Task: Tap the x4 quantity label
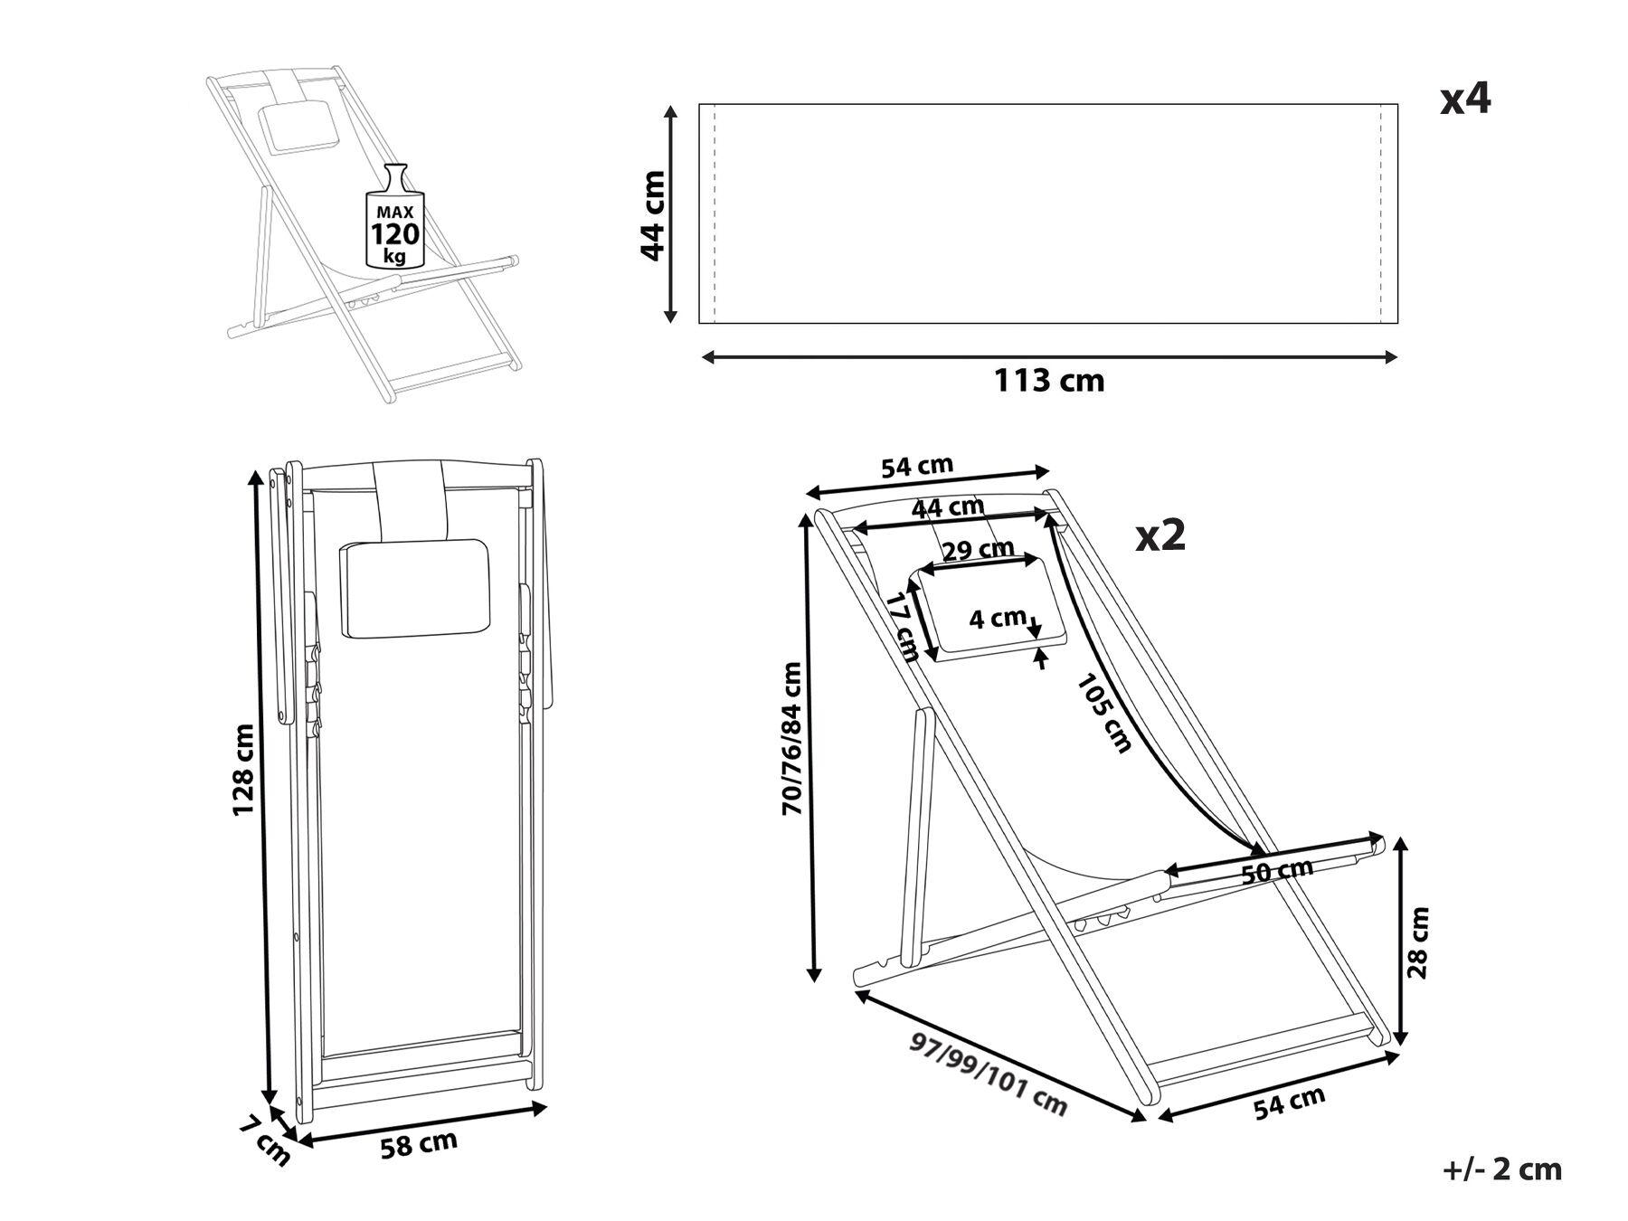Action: click(1464, 99)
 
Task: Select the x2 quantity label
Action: click(1160, 536)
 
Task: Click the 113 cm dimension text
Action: click(1049, 381)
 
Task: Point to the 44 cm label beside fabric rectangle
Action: click(653, 215)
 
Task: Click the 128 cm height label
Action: click(243, 770)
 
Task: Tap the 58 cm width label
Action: click(418, 1144)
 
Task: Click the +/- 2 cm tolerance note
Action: click(1501, 1169)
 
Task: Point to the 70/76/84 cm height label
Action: click(792, 739)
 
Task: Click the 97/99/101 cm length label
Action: click(989, 1074)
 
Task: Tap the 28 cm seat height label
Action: click(1418, 942)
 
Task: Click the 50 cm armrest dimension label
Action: click(1276, 871)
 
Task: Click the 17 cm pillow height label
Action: click(902, 627)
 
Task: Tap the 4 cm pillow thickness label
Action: click(997, 620)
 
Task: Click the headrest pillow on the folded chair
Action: click(414, 588)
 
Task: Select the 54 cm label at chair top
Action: click(917, 467)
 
